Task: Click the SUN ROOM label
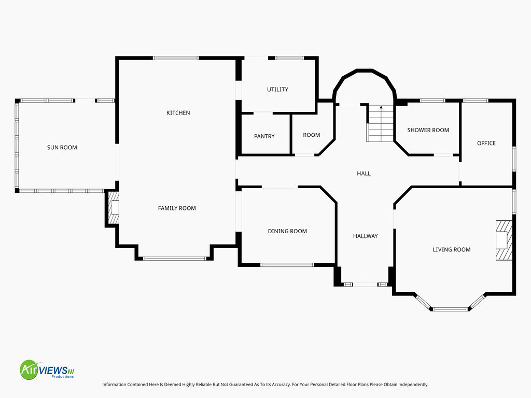pyautogui.click(x=62, y=147)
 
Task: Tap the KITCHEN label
pyautogui.click(x=178, y=112)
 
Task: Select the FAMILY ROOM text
pyautogui.click(x=177, y=208)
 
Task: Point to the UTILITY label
pyautogui.click(x=277, y=89)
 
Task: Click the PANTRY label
pyautogui.click(x=264, y=136)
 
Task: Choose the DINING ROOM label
pyautogui.click(x=287, y=231)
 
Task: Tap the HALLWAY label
pyautogui.click(x=365, y=236)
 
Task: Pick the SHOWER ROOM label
pyautogui.click(x=428, y=130)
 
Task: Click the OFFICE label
pyautogui.click(x=486, y=143)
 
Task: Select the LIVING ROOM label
pyautogui.click(x=452, y=249)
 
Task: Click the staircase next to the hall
pyautogui.click(x=381, y=123)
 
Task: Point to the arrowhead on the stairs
pyautogui.click(x=381, y=107)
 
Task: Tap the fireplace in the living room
pyautogui.click(x=504, y=240)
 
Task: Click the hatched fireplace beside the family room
pyautogui.click(x=114, y=208)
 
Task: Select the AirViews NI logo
pyautogui.click(x=47, y=369)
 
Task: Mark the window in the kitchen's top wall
pyautogui.click(x=176, y=58)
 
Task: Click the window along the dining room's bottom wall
pyautogui.click(x=287, y=265)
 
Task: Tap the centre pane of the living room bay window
pyautogui.click(x=450, y=309)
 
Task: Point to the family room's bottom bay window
pyautogui.click(x=174, y=259)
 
